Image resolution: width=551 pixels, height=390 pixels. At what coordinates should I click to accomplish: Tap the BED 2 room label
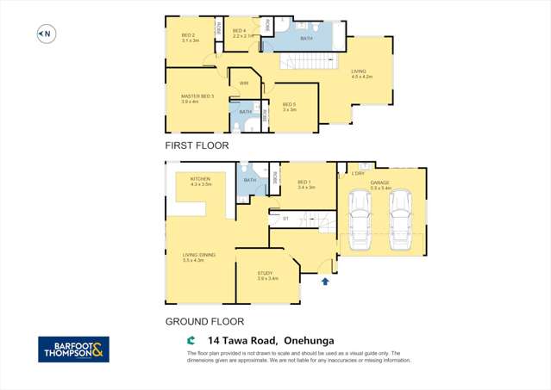190,38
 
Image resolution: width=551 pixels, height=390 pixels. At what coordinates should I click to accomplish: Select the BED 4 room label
242,34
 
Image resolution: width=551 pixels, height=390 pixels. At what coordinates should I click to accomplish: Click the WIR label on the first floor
244,83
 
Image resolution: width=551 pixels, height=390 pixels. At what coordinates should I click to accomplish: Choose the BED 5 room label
290,107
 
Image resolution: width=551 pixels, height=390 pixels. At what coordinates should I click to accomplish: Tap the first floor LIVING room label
361,74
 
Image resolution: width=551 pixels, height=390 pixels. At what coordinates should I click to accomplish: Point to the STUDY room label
266,275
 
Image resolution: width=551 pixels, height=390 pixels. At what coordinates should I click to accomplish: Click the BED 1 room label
305,184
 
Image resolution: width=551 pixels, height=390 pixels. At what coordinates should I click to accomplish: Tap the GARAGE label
380,184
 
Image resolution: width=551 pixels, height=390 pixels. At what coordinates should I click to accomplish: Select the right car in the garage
400,220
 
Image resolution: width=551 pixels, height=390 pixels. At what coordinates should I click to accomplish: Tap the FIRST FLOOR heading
197,145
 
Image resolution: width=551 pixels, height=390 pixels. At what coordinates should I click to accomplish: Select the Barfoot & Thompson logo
73,349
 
